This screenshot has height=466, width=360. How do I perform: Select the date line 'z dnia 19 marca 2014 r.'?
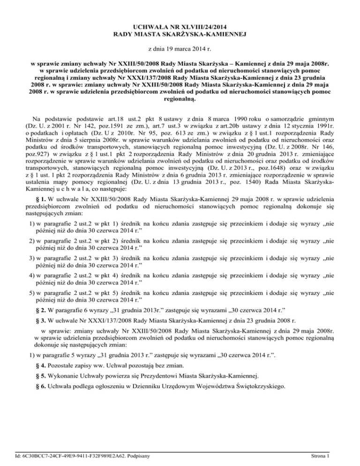[180, 48]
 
